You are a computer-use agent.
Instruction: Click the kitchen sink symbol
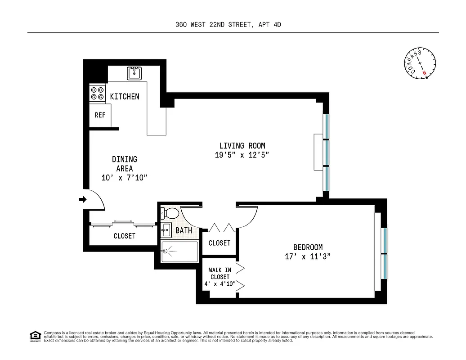[x=134, y=73]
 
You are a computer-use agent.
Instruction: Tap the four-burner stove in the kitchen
[x=97, y=93]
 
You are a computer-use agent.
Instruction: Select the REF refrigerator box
[x=100, y=115]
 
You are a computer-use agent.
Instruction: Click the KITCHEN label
[x=125, y=96]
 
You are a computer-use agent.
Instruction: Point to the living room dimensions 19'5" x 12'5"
[x=242, y=155]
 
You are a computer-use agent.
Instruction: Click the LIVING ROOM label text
[x=242, y=145]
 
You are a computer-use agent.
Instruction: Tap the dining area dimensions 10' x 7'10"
[x=125, y=178]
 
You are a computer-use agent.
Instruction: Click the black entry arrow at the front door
[x=83, y=199]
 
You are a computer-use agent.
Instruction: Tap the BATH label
[x=184, y=230]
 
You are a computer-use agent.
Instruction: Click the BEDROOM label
[x=308, y=247]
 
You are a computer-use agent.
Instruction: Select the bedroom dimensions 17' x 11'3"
[x=308, y=256]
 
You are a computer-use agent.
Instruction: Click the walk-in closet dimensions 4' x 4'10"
[x=219, y=283]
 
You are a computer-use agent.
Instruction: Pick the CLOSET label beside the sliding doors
[x=124, y=236]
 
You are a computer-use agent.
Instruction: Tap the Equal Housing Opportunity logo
[x=34, y=335]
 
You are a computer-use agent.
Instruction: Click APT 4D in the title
[x=270, y=25]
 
